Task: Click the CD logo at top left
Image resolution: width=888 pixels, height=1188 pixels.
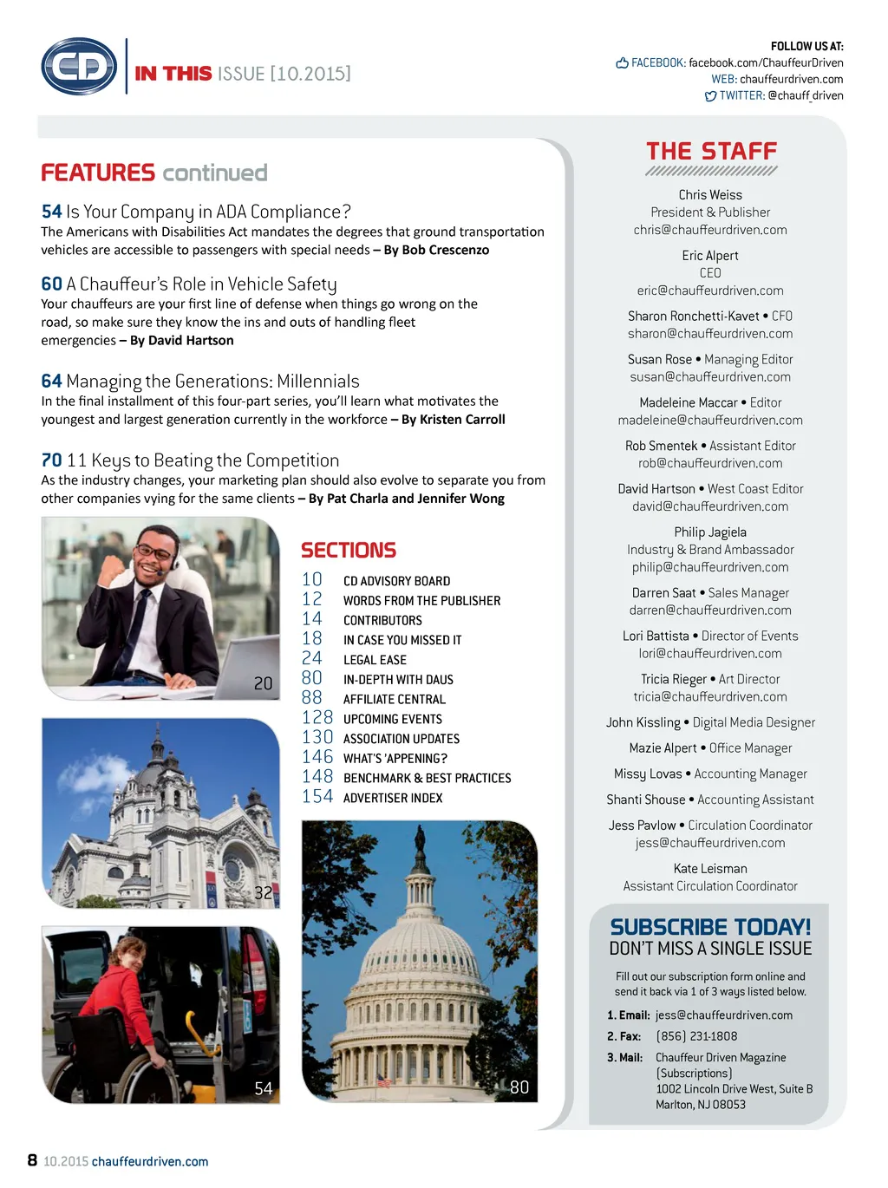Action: [79, 66]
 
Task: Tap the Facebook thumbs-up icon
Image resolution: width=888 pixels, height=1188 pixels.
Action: [622, 62]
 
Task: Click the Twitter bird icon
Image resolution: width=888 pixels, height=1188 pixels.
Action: [710, 96]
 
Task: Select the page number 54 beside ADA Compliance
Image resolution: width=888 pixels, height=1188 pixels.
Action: [51, 212]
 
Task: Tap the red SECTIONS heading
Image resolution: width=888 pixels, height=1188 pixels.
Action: [349, 551]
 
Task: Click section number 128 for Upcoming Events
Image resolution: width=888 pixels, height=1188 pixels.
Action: [317, 718]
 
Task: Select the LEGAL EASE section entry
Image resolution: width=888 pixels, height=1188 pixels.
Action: [375, 660]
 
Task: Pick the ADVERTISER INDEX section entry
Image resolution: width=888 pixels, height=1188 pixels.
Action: [393, 798]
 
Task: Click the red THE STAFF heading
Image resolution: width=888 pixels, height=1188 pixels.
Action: [711, 152]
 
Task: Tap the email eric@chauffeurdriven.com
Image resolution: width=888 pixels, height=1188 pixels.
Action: [710, 290]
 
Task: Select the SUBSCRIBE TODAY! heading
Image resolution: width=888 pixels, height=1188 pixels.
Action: [710, 927]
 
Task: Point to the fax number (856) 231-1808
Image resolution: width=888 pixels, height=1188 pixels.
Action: [696, 1036]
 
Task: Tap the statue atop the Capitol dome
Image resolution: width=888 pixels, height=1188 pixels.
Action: [420, 839]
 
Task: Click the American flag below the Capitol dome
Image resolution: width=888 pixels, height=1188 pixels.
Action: [383, 1080]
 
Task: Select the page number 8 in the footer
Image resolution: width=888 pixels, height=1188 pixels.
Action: [32, 1160]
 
